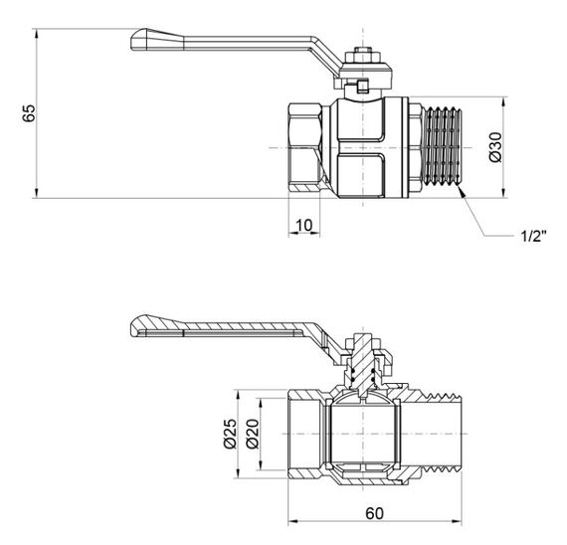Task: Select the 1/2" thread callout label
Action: pos(531,236)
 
